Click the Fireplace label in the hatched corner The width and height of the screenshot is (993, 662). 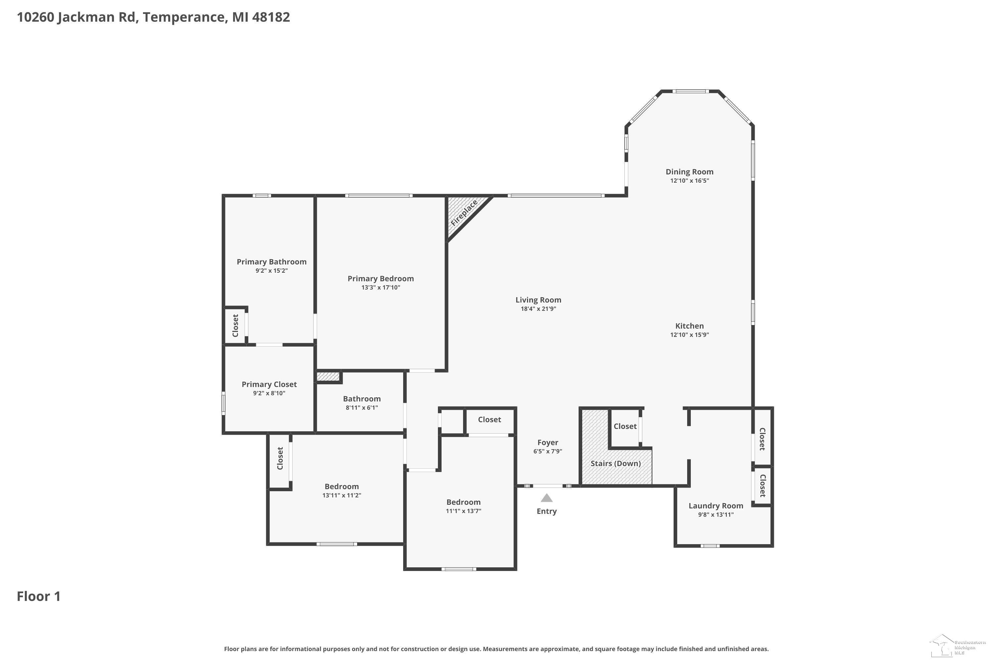(x=464, y=213)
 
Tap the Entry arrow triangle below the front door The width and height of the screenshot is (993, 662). (x=547, y=498)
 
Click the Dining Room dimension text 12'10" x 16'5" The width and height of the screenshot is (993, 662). (x=689, y=181)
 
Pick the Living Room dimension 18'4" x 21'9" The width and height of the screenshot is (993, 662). (x=538, y=308)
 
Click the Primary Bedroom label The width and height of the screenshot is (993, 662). (x=380, y=279)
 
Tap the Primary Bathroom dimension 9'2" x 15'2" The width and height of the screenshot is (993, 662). (x=271, y=271)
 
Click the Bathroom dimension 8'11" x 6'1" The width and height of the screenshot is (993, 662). (x=362, y=407)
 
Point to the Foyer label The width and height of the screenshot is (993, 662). (x=547, y=443)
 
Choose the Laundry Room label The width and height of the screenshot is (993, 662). (x=716, y=506)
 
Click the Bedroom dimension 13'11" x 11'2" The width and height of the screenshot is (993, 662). (x=342, y=495)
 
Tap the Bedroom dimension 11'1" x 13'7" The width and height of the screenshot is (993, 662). (x=464, y=511)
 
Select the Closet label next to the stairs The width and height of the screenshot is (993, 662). (x=625, y=426)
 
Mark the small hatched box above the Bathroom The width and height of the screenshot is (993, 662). (x=328, y=376)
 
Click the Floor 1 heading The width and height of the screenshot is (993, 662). (x=39, y=596)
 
